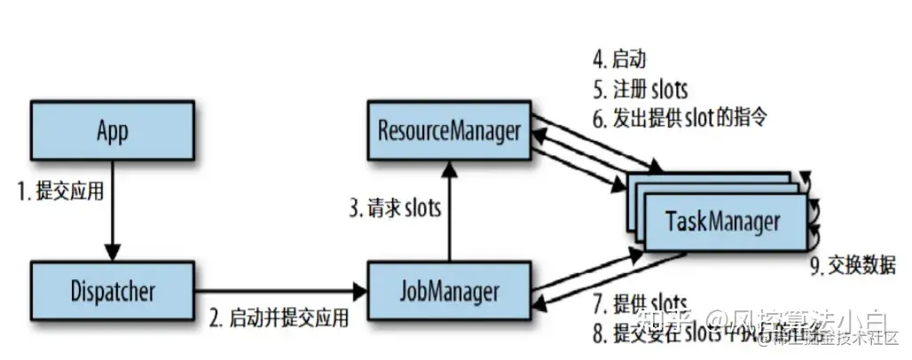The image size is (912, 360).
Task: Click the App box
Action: pos(112,130)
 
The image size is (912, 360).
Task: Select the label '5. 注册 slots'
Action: pos(639,90)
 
